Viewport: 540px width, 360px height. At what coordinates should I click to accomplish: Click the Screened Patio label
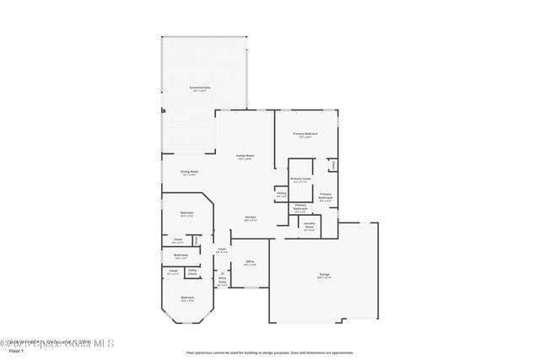coord(200,87)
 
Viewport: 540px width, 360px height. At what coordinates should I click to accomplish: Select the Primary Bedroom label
coord(305,134)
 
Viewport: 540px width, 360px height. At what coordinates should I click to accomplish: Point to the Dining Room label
coord(188,172)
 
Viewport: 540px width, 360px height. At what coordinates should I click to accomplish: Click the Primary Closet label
coord(300,179)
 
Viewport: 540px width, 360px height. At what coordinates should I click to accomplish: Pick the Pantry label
coord(281,193)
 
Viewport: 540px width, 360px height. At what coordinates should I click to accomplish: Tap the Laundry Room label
coord(309,224)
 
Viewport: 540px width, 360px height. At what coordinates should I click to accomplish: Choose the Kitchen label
coord(251,218)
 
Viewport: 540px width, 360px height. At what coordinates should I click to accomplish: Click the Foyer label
coord(222,250)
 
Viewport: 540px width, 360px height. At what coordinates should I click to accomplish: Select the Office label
coord(250,262)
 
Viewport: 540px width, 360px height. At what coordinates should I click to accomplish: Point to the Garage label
coord(324,275)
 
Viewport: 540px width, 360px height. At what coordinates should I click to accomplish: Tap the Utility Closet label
coord(192,271)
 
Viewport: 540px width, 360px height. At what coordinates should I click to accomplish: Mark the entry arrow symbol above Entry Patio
coord(222,273)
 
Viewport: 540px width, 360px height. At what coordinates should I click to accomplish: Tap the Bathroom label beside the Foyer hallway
coord(181,255)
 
